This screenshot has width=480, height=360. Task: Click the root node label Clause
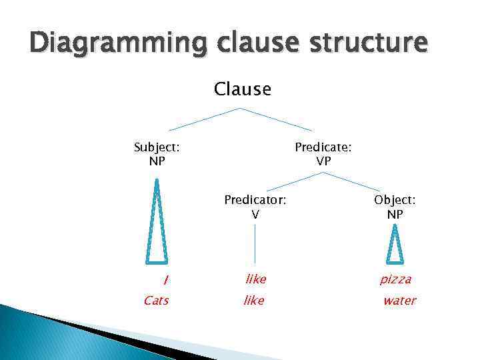243,89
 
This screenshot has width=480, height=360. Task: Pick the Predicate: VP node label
323,154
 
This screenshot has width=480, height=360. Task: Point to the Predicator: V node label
255,207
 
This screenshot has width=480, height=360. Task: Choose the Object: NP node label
395,207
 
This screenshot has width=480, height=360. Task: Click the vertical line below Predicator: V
255,243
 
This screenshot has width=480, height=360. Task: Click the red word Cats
156,301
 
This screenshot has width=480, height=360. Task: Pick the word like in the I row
256,279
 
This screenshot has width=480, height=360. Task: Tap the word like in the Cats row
254,301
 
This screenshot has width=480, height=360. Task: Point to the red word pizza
396,279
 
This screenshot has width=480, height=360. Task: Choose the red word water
399,301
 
